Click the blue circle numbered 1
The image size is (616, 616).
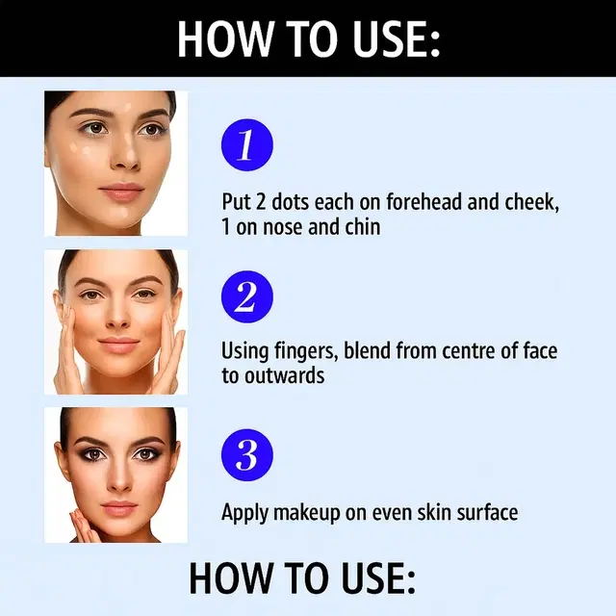coord(247,145)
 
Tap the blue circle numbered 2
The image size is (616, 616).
coord(247,296)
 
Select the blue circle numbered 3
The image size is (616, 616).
coord(247,455)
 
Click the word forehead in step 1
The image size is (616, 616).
coord(423,201)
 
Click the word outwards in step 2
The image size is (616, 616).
coord(284,375)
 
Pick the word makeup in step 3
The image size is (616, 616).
coord(306,513)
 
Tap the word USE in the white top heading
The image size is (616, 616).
coord(396,38)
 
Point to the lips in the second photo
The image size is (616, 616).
coord(117,344)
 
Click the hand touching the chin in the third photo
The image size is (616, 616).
coord(84,525)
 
